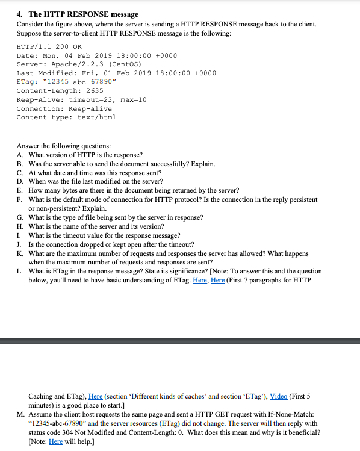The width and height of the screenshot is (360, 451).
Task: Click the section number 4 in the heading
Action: [x=19, y=14]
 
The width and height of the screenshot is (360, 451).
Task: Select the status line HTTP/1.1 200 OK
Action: [x=49, y=46]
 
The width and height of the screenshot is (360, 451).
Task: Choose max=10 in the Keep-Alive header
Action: [x=132, y=99]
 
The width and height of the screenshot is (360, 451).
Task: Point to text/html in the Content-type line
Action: [x=96, y=117]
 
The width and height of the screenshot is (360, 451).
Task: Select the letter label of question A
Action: [x=20, y=155]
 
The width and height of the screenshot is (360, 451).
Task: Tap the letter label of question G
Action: [x=20, y=217]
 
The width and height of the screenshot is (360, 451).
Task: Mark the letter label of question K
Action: [x=20, y=253]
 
